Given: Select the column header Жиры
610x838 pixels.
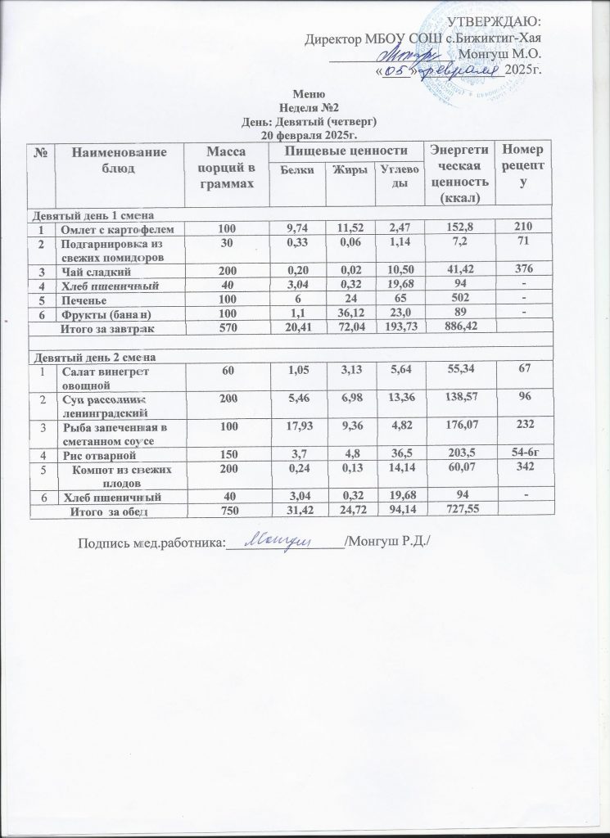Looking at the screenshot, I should point(344,170).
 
